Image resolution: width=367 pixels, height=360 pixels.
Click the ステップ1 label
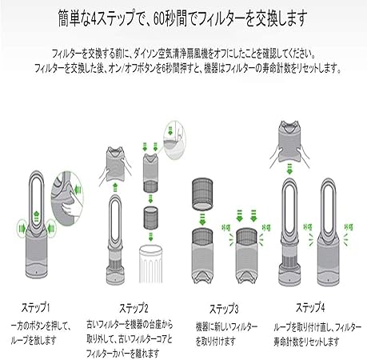[34, 306]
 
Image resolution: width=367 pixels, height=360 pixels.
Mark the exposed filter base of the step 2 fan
[118, 255]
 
